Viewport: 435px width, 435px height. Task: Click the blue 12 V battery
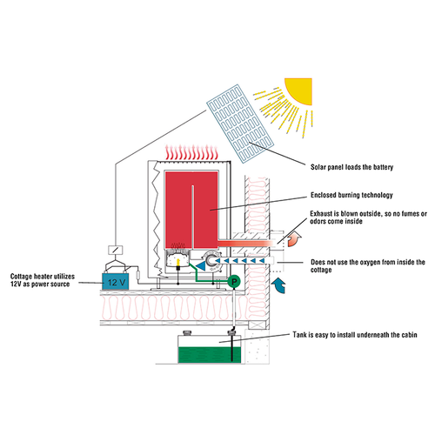click(x=116, y=281)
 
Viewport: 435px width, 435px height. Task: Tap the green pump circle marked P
click(x=234, y=281)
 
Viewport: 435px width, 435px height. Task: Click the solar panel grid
click(x=240, y=124)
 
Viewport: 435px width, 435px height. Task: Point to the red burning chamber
click(x=191, y=211)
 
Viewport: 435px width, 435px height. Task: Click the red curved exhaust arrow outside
click(x=294, y=239)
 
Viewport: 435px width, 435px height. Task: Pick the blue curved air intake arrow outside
click(x=279, y=285)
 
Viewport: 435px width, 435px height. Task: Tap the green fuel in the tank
click(x=210, y=355)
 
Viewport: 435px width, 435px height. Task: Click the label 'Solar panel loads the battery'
click(x=351, y=167)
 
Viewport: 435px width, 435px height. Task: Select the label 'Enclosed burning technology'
click(x=351, y=195)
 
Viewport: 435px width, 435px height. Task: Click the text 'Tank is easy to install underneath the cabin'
click(x=355, y=335)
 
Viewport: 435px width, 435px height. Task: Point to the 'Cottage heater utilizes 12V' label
click(x=43, y=280)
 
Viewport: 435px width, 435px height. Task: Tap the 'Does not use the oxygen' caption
click(x=368, y=266)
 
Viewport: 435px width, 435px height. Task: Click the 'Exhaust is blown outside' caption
click(x=368, y=217)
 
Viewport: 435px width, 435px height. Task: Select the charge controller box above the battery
click(x=116, y=250)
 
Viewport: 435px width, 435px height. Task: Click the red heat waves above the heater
click(x=191, y=152)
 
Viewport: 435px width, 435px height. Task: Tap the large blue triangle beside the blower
click(x=201, y=265)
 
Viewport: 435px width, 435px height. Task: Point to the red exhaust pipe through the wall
click(x=246, y=244)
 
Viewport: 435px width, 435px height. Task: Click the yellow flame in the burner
click(x=178, y=262)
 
